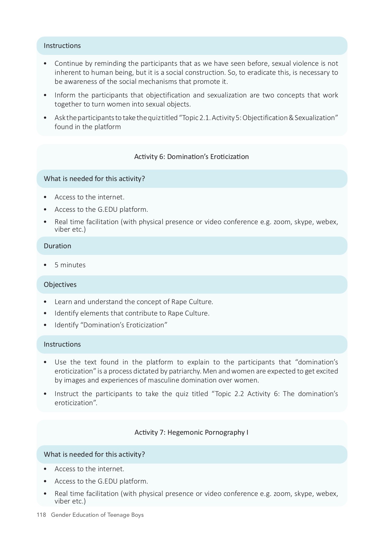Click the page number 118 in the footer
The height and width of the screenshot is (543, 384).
coord(41,515)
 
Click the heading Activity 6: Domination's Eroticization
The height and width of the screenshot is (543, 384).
coord(191,157)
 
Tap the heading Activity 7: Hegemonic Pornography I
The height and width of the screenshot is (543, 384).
coord(191,432)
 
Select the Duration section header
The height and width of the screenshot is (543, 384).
coord(57,246)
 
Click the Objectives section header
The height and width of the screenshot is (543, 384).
coord(60,284)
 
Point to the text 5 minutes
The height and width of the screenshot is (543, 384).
coord(70,265)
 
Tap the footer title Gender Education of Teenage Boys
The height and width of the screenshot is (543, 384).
coord(97,515)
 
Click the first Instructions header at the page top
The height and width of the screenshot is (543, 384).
coord(62,46)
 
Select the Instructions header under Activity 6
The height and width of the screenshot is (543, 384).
coord(62,344)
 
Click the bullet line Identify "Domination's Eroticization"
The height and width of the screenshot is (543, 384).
coord(111,325)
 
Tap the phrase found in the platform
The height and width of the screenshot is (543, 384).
coord(87,127)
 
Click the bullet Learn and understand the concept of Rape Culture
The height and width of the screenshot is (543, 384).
coord(134,302)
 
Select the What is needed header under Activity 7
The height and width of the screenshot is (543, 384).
coord(94,454)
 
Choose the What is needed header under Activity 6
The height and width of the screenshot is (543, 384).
coord(94,179)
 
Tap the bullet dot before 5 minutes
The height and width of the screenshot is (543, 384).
coord(45,265)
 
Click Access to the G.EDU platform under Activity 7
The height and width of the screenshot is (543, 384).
coord(101,481)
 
